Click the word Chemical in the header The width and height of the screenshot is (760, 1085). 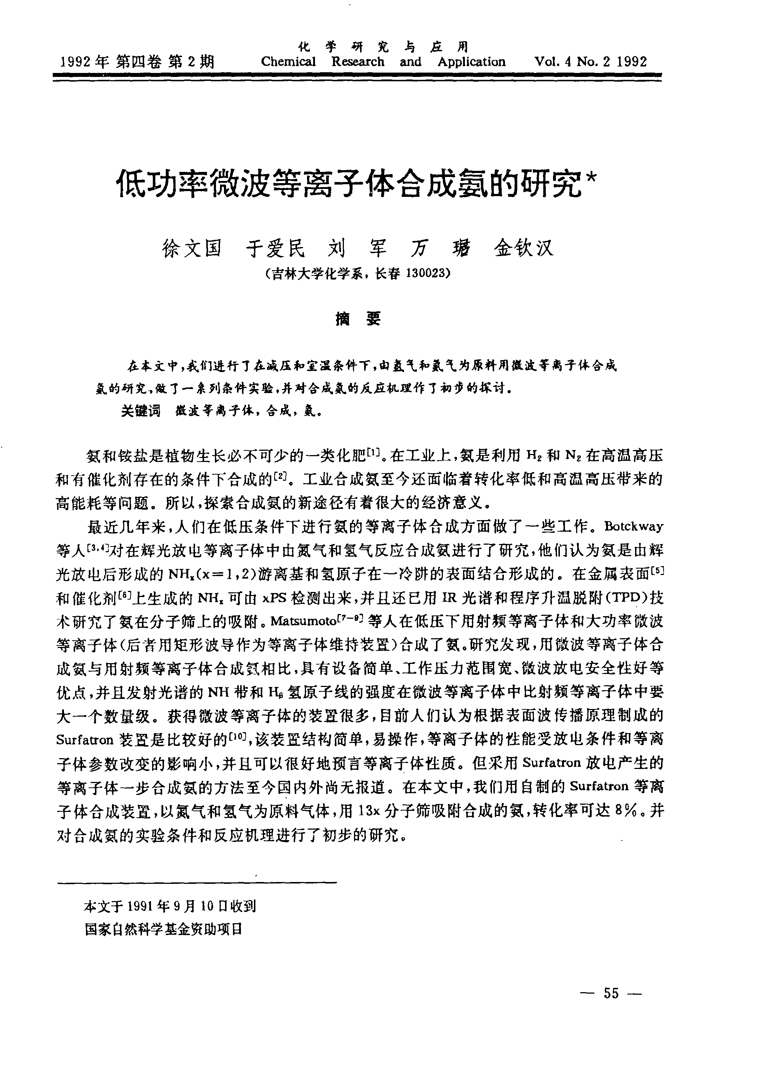point(288,62)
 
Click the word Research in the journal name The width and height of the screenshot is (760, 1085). point(358,62)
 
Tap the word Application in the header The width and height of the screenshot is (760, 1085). point(471,62)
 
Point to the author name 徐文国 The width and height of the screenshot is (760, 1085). point(192,248)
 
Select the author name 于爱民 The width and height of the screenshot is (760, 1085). point(276,248)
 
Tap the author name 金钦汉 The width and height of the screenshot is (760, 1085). point(524,248)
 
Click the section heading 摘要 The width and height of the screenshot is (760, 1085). point(358,319)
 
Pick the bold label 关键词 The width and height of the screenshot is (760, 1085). point(141,411)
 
